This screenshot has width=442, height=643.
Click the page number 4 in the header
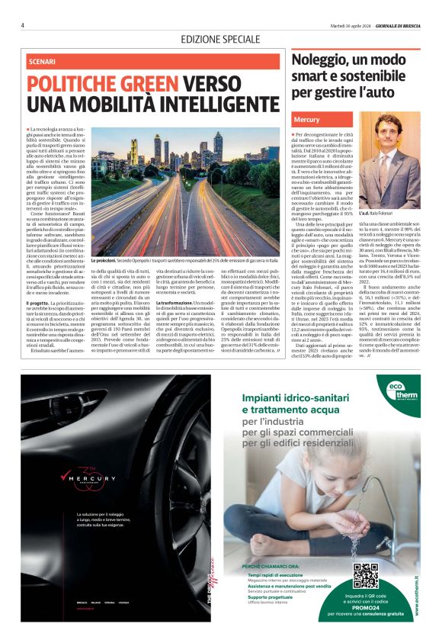[23, 25]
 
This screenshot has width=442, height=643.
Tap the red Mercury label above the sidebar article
[306, 121]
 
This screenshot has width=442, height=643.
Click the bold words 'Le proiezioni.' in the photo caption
[105, 261]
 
